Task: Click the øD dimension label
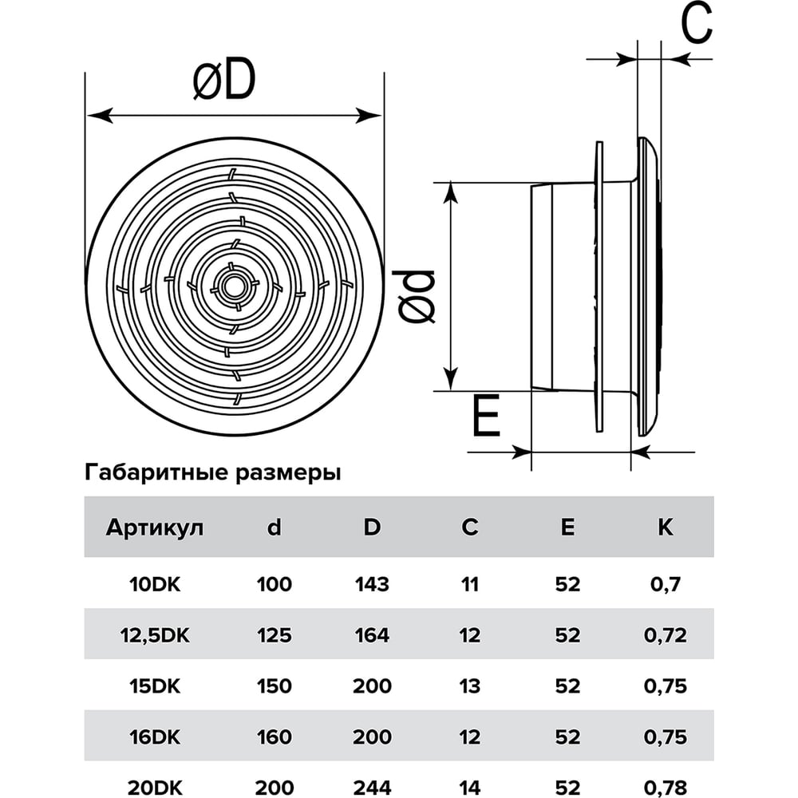(224, 81)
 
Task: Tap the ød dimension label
(417, 296)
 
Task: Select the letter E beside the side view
(485, 417)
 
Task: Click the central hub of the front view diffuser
(235, 286)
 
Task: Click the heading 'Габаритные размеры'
(213, 472)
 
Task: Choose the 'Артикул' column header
(155, 527)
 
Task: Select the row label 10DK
(155, 584)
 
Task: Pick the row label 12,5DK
(155, 635)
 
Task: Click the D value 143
(372, 584)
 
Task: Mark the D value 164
(372, 635)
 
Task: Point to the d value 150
(274, 686)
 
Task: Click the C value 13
(470, 686)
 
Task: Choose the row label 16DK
(155, 737)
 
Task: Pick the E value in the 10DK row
(567, 584)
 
